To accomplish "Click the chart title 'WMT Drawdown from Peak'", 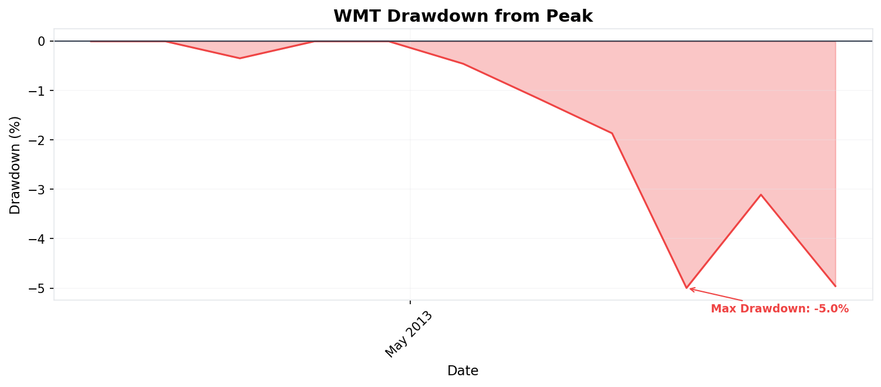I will click(x=463, y=16).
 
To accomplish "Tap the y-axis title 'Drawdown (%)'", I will click(x=15, y=165).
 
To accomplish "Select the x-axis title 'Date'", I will click(x=463, y=371).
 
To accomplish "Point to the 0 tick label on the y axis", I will click(x=41, y=41).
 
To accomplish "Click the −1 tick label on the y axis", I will click(x=37, y=90).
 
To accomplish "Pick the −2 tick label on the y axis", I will click(x=37, y=140).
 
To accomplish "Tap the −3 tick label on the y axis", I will click(x=37, y=189).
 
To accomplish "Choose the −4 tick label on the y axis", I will click(x=37, y=239).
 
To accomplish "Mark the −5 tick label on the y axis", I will click(x=37, y=288).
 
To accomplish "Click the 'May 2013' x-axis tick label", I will click(x=409, y=334).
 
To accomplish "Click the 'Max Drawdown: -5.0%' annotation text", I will click(x=779, y=309).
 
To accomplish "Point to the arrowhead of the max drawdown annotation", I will click(x=690, y=288).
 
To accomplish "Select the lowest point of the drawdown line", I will click(x=686, y=288).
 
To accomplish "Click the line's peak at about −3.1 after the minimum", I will click(x=761, y=194).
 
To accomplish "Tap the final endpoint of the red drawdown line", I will click(x=835, y=286).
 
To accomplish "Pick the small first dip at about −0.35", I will click(x=239, y=58).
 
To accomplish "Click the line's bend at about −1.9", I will click(x=612, y=133).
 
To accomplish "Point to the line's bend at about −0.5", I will click(x=463, y=63).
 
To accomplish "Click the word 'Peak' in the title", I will click(x=572, y=16).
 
